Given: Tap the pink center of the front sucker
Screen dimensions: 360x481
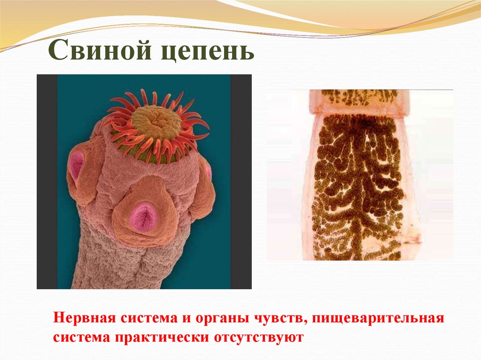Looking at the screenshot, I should click(144, 216).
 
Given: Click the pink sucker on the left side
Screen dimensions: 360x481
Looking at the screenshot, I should click(76, 165).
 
